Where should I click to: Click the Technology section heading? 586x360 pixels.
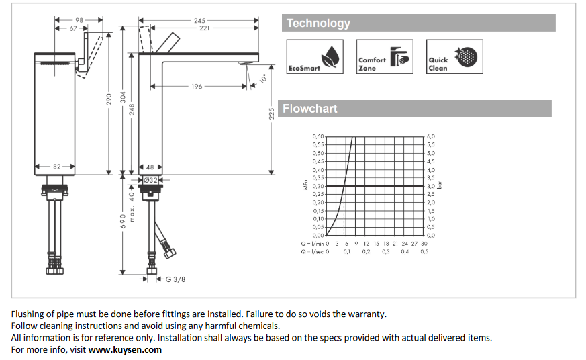(318, 23)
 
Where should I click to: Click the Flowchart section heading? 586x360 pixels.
(309, 109)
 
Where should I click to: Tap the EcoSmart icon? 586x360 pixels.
(315, 56)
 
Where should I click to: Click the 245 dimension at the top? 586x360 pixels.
(199, 21)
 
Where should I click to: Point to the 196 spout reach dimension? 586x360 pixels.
(197, 87)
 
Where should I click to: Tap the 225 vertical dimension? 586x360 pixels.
(271, 114)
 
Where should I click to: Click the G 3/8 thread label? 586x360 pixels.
(175, 279)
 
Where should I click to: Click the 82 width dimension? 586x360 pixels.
(56, 167)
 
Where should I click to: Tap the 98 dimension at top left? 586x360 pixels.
(79, 21)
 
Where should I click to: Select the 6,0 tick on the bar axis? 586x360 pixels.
(431, 136)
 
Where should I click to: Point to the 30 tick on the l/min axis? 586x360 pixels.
(424, 243)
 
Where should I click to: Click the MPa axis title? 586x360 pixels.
(305, 186)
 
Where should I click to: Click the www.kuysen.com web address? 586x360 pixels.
(125, 349)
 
